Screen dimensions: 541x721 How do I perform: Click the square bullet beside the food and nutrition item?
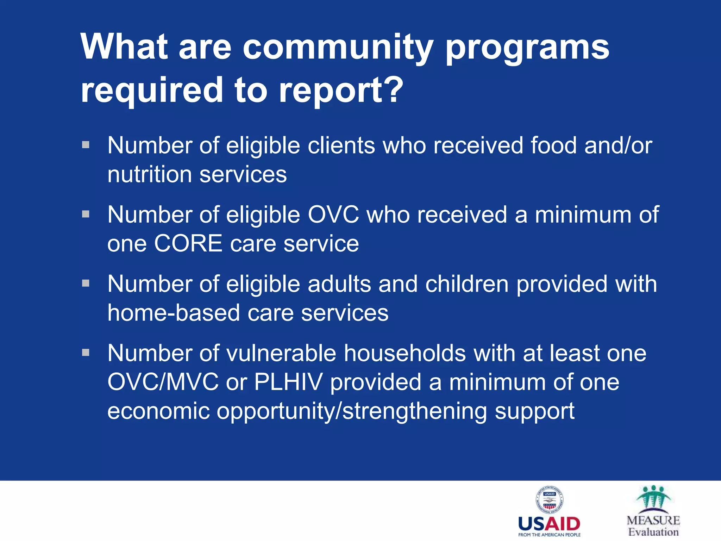(x=86, y=145)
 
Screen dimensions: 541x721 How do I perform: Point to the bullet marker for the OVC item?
(x=86, y=214)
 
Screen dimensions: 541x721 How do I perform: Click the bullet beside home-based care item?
(x=86, y=283)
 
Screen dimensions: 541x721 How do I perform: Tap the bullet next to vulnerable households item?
(x=86, y=352)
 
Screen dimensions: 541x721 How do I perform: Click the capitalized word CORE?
(x=188, y=243)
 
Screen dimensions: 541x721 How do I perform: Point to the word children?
(x=467, y=284)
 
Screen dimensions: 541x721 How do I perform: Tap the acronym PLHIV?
(x=288, y=382)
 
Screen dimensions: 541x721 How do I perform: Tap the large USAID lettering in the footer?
(x=549, y=524)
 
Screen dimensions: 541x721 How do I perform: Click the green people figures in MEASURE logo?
(x=653, y=497)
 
